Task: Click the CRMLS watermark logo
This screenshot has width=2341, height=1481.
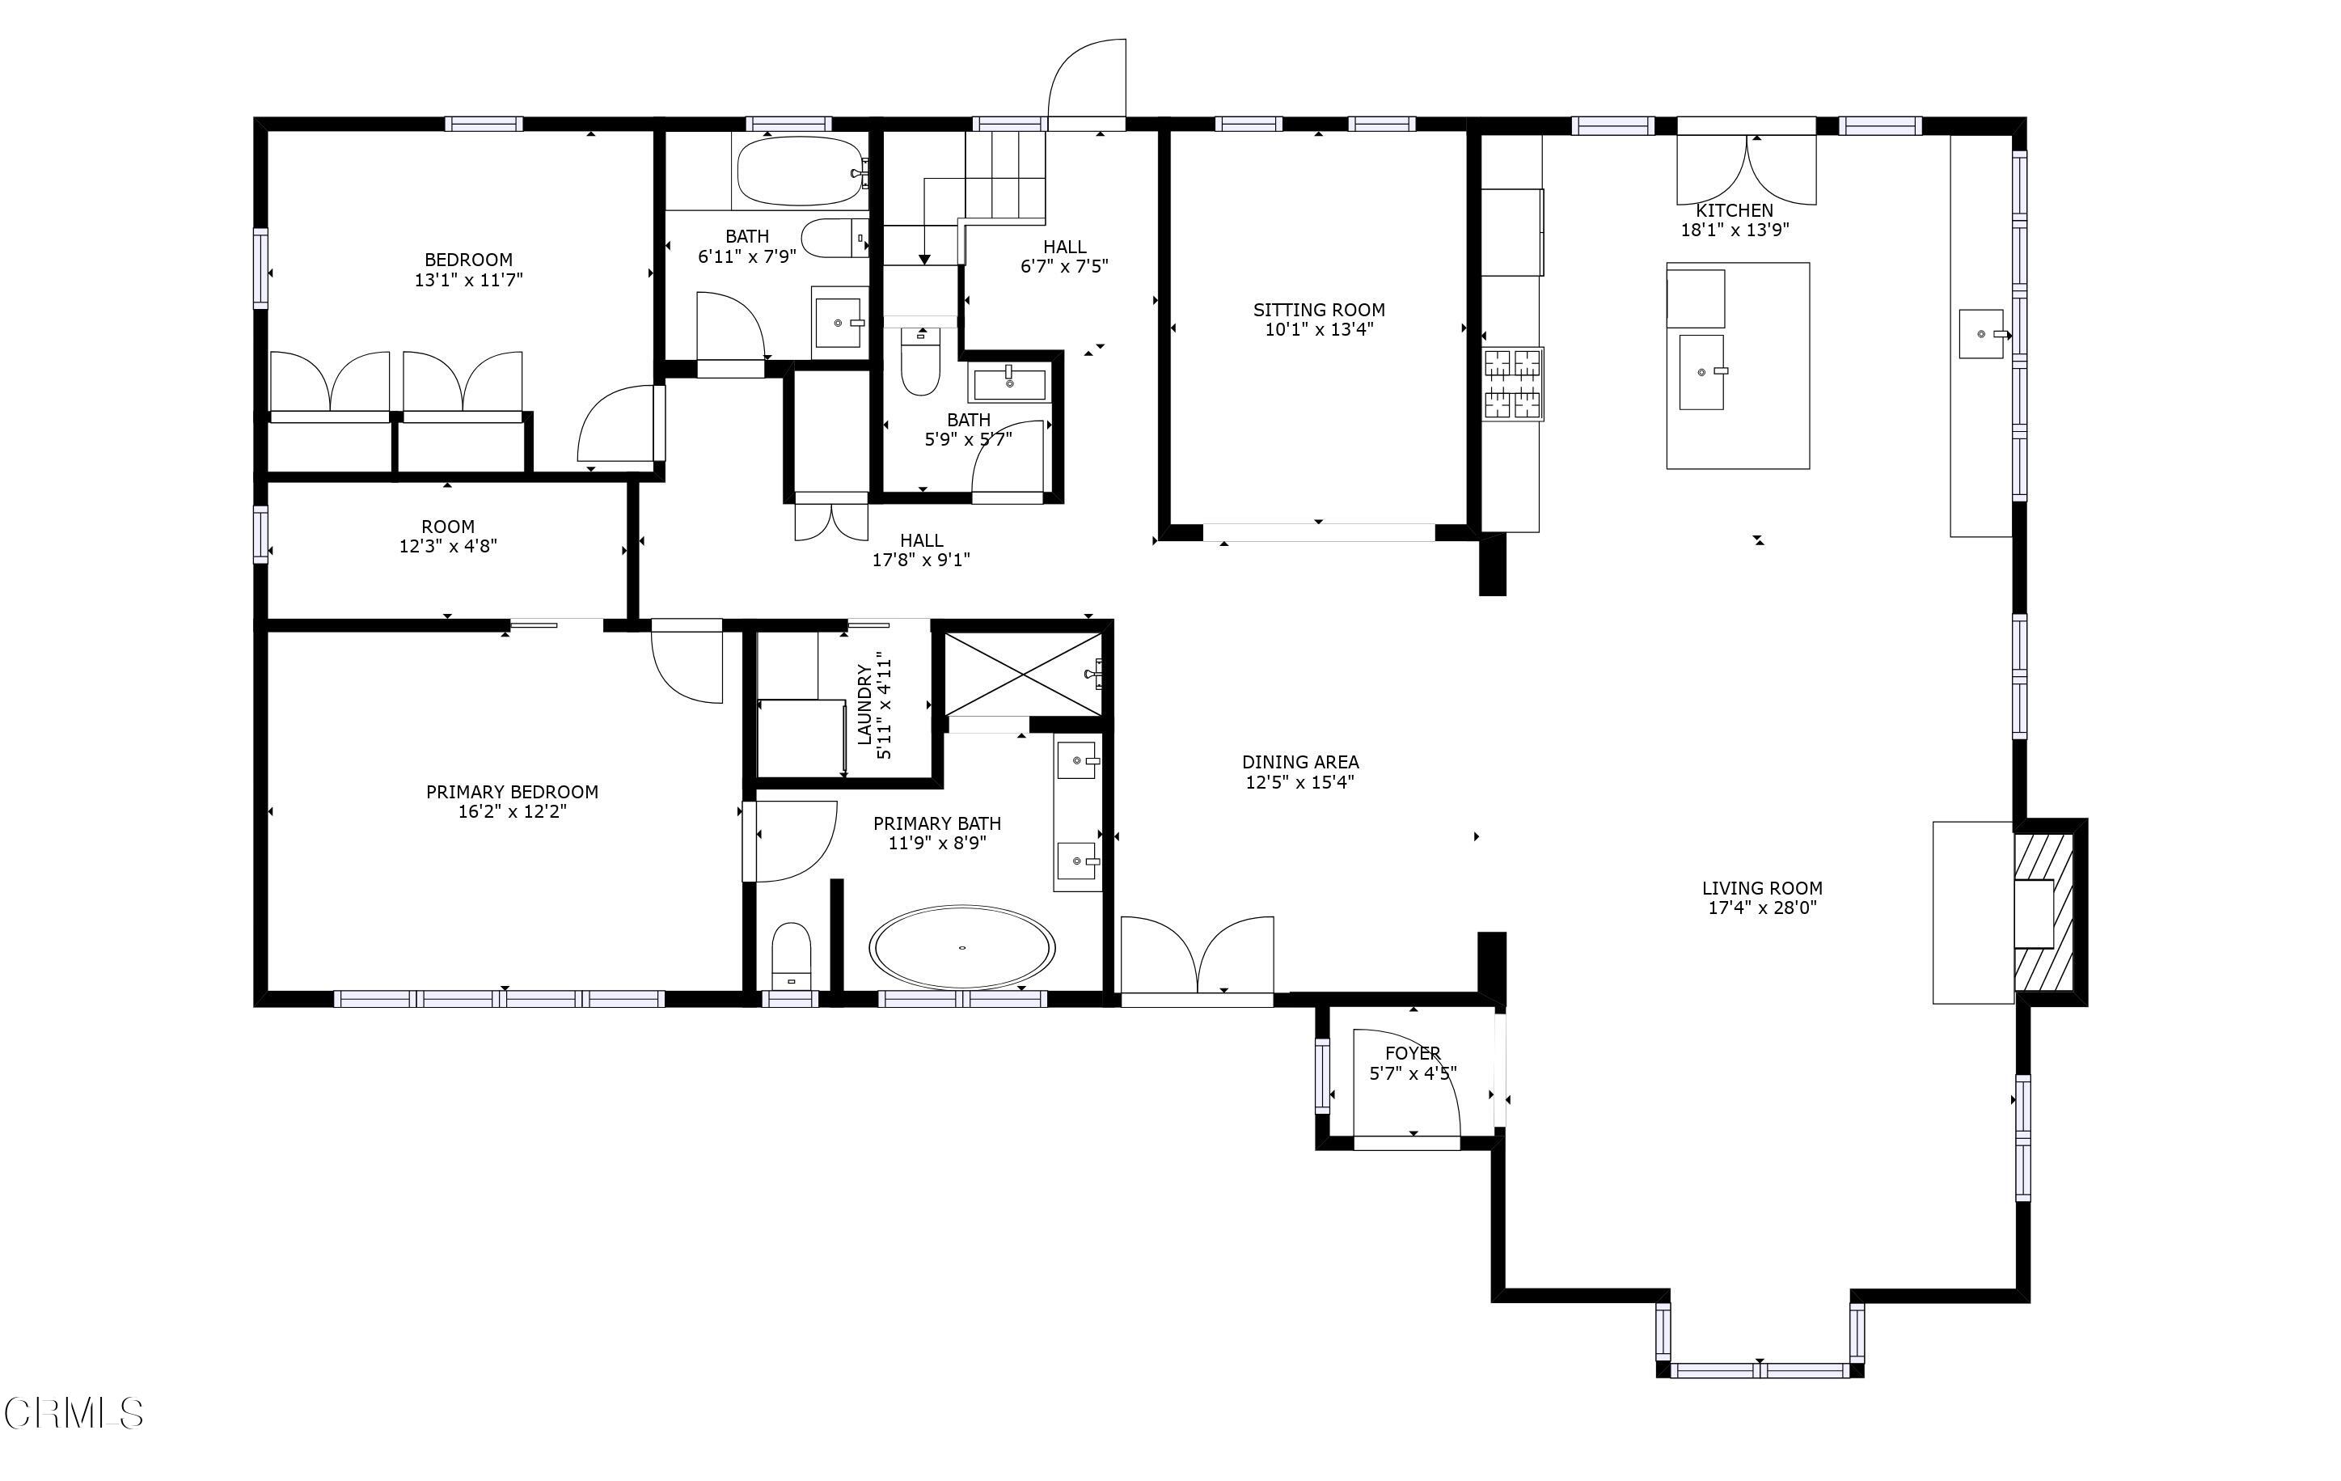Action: pos(74,1413)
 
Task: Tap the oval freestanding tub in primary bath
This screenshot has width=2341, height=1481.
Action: pos(961,947)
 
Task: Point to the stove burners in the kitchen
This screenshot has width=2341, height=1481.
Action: pos(1513,384)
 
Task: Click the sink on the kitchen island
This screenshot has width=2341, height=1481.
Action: pos(1701,371)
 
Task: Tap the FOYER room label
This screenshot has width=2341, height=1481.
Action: pos(1413,1053)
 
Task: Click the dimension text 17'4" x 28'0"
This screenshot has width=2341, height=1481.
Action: pos(1761,908)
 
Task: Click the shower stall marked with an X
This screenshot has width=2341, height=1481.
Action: pos(1023,673)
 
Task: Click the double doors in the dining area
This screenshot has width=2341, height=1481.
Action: pos(1197,955)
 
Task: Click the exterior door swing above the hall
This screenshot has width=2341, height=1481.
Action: pos(1087,82)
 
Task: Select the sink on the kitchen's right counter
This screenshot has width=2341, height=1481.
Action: pos(1981,333)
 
